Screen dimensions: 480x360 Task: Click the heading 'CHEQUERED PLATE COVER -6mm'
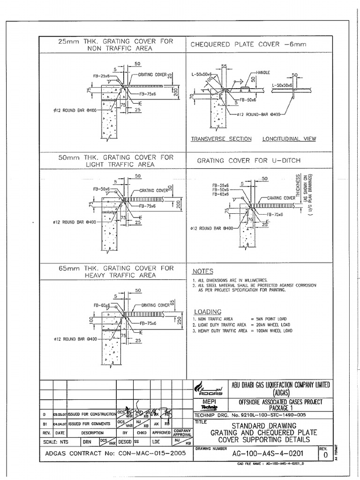click(x=248, y=45)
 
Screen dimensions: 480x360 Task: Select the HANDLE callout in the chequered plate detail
click(x=264, y=73)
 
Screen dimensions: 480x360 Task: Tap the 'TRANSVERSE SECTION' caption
click(x=221, y=139)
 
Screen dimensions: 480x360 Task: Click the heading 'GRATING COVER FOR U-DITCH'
click(x=248, y=161)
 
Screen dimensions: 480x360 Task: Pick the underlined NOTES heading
click(x=202, y=271)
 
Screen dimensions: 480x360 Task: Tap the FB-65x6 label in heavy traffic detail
click(x=101, y=305)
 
